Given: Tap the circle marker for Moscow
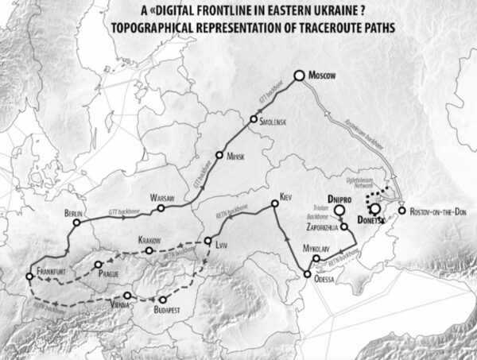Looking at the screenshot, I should click(x=300, y=75).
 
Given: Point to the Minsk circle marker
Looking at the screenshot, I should click(x=219, y=156).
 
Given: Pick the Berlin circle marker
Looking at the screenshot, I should click(x=76, y=223).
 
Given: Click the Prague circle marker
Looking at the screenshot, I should click(x=98, y=265).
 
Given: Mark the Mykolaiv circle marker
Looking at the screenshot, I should click(x=316, y=259).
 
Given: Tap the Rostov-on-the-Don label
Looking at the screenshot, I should click(x=439, y=212).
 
